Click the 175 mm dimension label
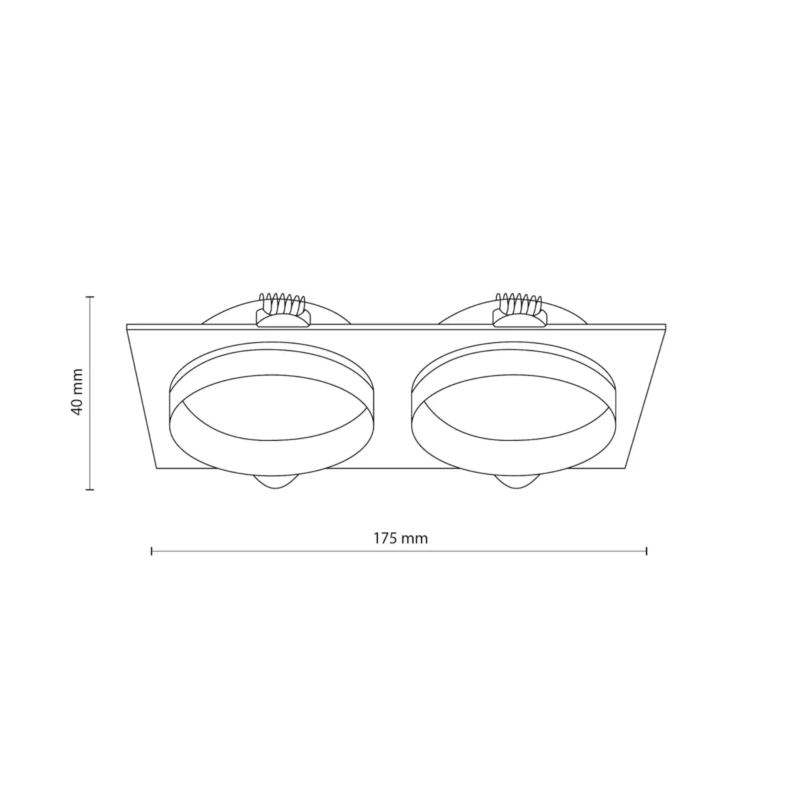pyautogui.click(x=400, y=538)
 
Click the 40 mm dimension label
pyautogui.click(x=77, y=392)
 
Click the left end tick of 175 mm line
pyautogui.click(x=152, y=551)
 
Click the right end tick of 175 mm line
pyautogui.click(x=647, y=551)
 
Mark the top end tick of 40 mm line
pyautogui.click(x=90, y=297)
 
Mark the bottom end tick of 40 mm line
pyautogui.click(x=90, y=490)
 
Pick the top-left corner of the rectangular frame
pyautogui.click(x=127, y=325)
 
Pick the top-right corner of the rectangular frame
pyautogui.click(x=666, y=325)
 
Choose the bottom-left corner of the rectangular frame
pyautogui.click(x=156, y=468)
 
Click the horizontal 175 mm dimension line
pyautogui.click(x=304, y=551)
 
